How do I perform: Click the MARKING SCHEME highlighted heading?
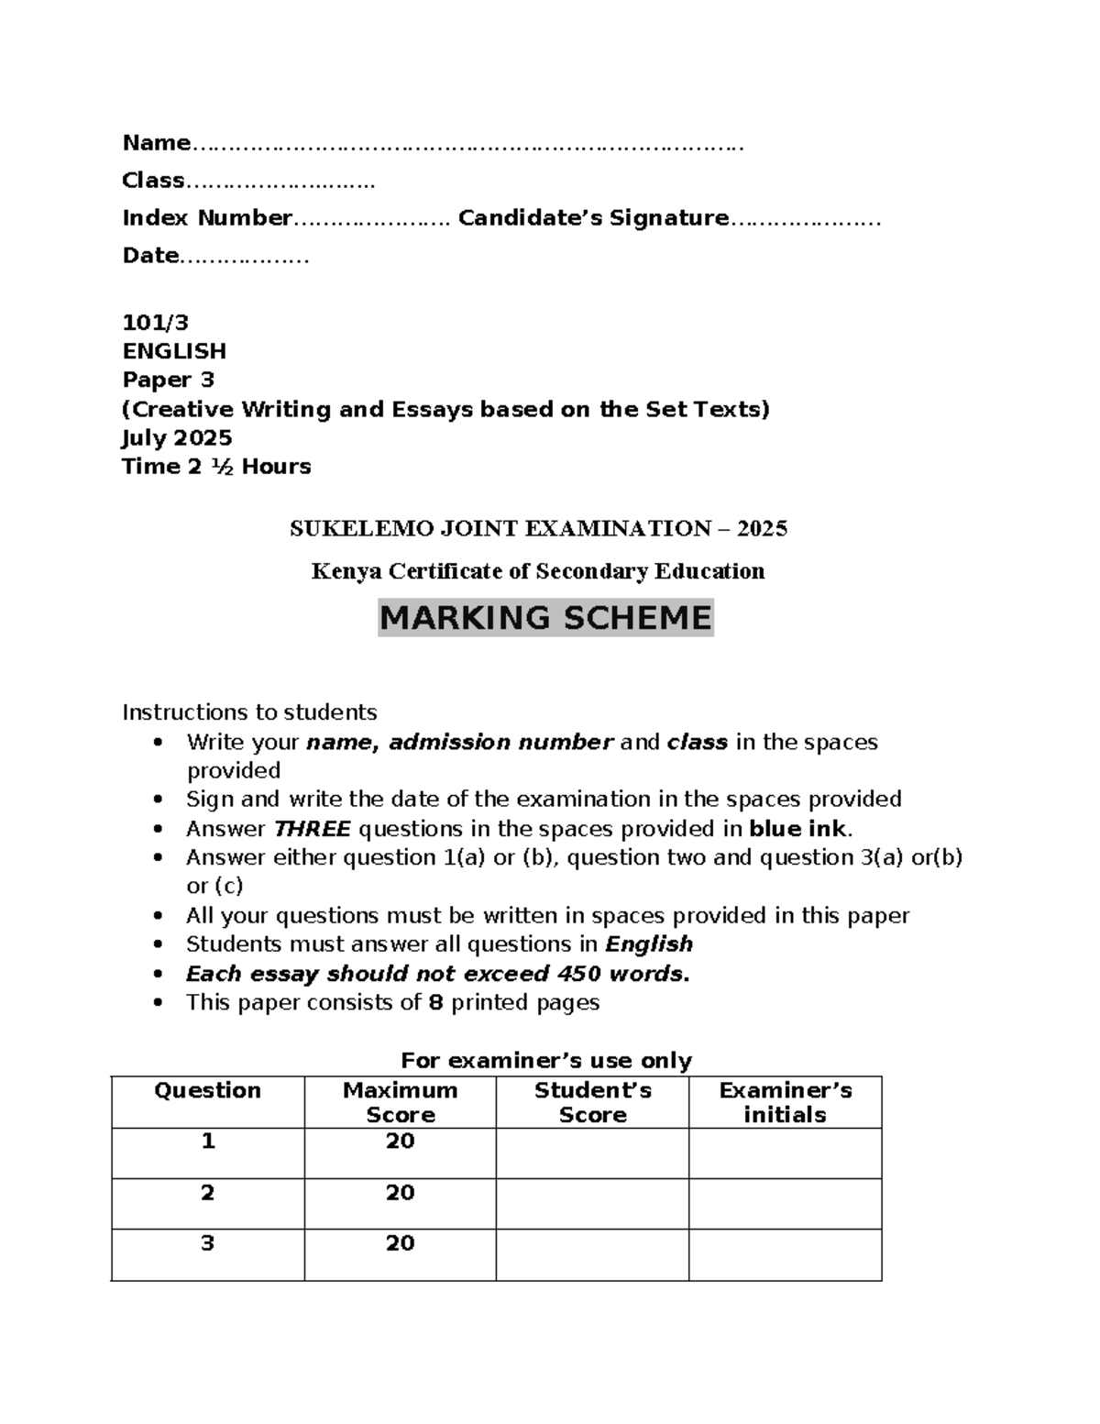[x=545, y=618]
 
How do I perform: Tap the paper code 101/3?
[x=155, y=322]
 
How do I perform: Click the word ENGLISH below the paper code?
[x=174, y=351]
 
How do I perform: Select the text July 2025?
[x=177, y=437]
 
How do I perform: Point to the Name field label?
[x=156, y=143]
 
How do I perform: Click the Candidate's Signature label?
[x=593, y=218]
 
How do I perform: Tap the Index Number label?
[x=207, y=218]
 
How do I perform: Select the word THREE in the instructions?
[x=312, y=829]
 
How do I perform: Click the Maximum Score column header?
[x=400, y=1102]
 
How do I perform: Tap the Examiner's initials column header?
[x=785, y=1102]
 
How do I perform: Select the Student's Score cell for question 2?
[x=592, y=1203]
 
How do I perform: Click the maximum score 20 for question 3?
[x=400, y=1243]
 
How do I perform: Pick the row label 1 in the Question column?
[x=208, y=1142]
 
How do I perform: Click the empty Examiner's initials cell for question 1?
[x=785, y=1153]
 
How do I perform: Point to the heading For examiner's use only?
[x=546, y=1061]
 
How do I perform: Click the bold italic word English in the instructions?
[x=649, y=944]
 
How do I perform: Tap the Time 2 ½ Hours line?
[x=216, y=467]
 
